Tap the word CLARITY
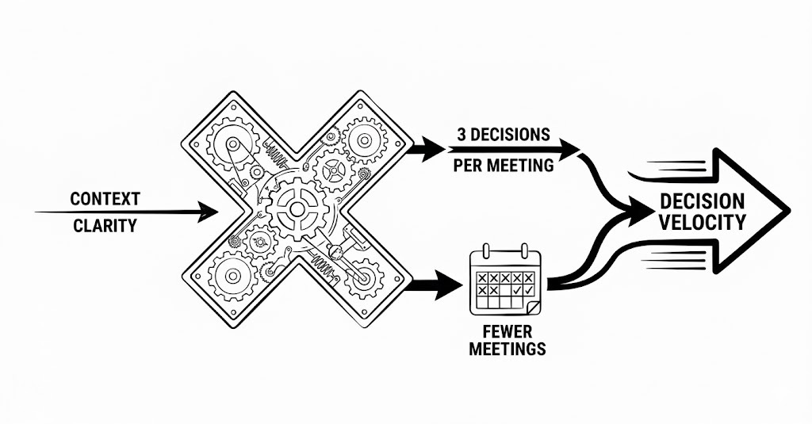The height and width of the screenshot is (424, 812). click(104, 226)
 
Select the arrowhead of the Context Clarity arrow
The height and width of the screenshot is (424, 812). click(210, 212)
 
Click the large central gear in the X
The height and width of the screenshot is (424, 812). click(297, 208)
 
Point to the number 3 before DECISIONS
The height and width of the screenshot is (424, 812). click(461, 133)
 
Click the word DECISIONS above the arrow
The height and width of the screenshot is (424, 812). click(508, 133)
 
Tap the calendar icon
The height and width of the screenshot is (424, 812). click(505, 281)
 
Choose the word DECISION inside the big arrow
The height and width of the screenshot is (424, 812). click(703, 201)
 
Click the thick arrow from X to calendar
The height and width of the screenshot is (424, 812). click(432, 281)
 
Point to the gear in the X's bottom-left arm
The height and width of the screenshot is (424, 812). click(232, 277)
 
